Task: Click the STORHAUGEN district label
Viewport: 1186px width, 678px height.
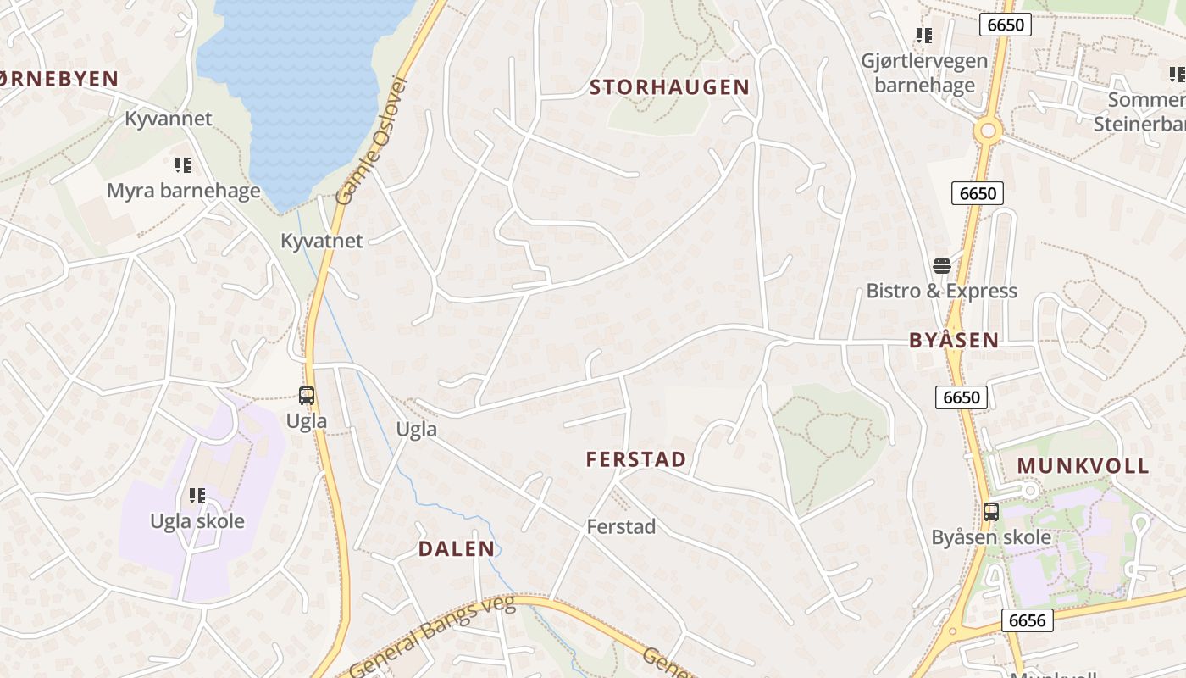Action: [669, 86]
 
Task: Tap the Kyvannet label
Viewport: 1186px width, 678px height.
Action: [169, 118]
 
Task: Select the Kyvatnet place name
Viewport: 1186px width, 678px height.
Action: [322, 241]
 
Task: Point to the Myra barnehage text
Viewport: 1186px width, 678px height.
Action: [183, 190]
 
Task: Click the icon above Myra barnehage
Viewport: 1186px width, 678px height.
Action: [183, 164]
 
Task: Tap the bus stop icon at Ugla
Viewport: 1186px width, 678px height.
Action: [307, 395]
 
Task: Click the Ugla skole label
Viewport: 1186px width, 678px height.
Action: [197, 520]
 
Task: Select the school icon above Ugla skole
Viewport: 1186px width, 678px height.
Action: [197, 495]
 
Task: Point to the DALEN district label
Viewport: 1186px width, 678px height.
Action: [457, 548]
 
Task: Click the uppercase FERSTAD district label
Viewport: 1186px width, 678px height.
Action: [636, 459]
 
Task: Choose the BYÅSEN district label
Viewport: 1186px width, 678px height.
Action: [954, 341]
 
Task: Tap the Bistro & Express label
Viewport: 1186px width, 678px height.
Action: [941, 291]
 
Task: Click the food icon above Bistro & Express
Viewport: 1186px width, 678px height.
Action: [941, 266]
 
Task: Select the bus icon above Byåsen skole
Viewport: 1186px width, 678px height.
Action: [991, 512]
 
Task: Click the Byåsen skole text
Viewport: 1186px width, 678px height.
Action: [991, 537]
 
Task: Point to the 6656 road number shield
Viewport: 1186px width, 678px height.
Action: [1028, 620]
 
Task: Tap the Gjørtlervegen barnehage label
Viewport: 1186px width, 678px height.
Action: [924, 73]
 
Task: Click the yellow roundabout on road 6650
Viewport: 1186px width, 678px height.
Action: [988, 131]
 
